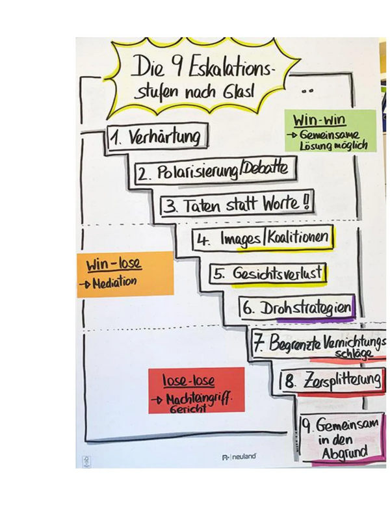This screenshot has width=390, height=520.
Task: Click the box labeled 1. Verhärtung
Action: point(158,138)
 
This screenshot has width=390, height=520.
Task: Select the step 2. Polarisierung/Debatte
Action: point(211,171)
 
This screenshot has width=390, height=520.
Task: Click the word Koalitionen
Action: point(298,237)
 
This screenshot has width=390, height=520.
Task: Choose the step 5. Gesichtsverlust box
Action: point(267,274)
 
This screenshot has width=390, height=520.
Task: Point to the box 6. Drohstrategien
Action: point(296,308)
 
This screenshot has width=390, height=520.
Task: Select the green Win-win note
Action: point(330,131)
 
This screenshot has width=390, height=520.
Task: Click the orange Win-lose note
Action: point(125,274)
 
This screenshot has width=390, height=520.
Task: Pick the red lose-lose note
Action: point(196,390)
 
